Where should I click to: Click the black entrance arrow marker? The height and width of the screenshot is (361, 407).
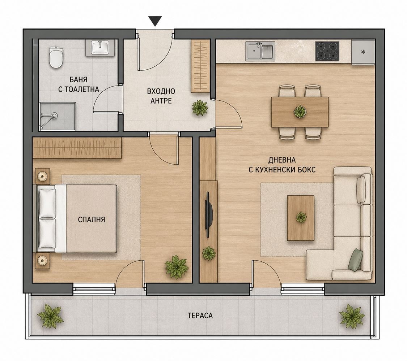pos(155,21)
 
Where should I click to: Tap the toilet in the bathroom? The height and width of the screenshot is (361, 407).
pos(56,57)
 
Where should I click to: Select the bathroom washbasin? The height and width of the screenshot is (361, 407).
pos(100,48)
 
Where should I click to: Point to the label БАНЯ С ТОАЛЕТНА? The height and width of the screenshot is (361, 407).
pos(79,84)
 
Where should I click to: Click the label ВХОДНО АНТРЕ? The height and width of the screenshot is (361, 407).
pos(161,96)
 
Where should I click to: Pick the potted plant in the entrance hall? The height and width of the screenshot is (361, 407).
pos(200,108)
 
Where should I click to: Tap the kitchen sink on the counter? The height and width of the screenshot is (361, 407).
pos(260,52)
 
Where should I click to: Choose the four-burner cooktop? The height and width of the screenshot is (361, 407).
pos(327,51)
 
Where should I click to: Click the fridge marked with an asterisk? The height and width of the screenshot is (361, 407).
pos(363,52)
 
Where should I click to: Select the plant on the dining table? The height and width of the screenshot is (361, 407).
pos(300,112)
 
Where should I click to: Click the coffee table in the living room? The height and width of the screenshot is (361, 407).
pos(301,218)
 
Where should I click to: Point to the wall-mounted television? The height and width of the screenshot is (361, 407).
pos(209,214)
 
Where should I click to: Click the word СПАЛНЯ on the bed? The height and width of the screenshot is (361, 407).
pos(92,219)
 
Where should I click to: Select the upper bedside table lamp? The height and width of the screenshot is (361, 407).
pos(42,177)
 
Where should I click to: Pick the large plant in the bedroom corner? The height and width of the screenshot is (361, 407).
pos(177,267)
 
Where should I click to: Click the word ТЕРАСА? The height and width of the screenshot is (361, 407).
pos(200,316)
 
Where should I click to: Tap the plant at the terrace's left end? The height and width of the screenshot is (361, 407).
pos(50,316)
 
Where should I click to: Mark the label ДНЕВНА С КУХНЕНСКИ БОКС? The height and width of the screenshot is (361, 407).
pos(282,165)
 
